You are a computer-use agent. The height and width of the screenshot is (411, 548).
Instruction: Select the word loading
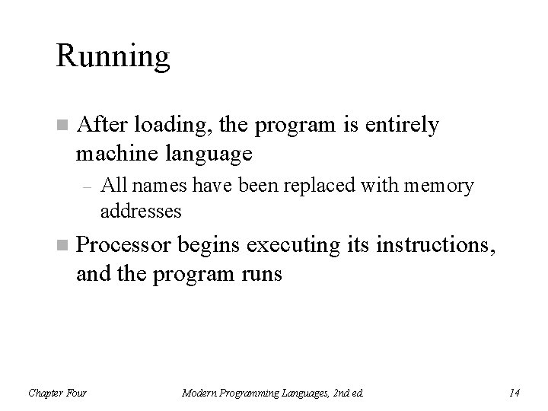162,126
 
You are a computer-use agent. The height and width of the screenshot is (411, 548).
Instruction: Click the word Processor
124,246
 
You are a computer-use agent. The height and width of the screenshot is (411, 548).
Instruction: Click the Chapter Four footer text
57,393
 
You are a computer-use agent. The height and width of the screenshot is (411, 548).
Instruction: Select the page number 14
515,393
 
